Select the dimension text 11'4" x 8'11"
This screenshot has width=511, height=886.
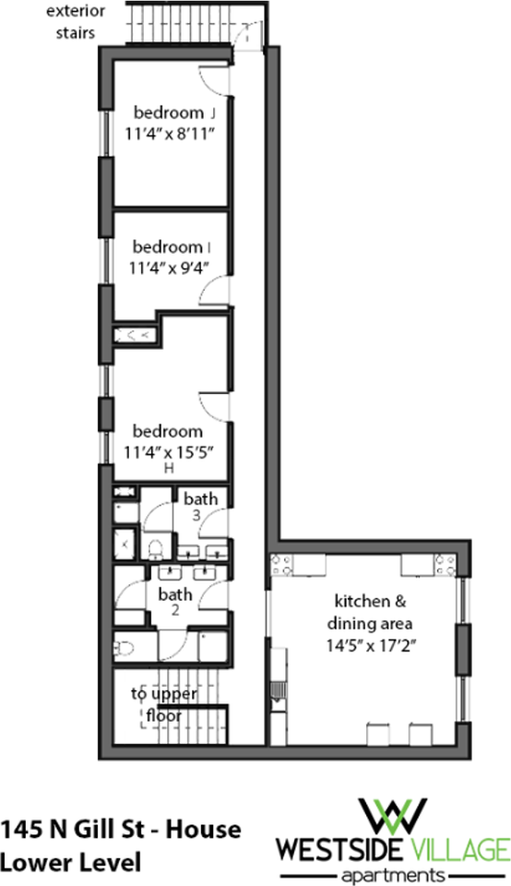171,133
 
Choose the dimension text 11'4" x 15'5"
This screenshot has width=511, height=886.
169,451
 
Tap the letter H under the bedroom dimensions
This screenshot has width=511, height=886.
168,469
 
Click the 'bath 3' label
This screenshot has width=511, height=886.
200,507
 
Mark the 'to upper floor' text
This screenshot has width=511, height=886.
158,704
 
